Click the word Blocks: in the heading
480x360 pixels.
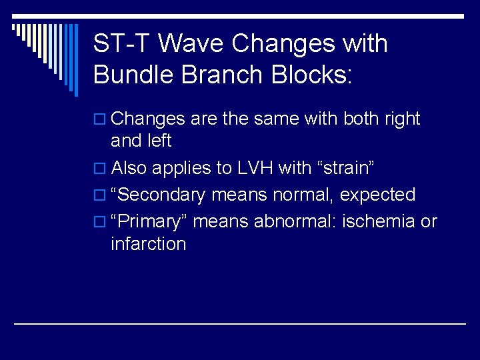[311, 74]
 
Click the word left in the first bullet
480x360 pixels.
[159, 141]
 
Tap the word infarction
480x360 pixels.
[148, 243]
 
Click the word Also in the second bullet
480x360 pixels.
[129, 169]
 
